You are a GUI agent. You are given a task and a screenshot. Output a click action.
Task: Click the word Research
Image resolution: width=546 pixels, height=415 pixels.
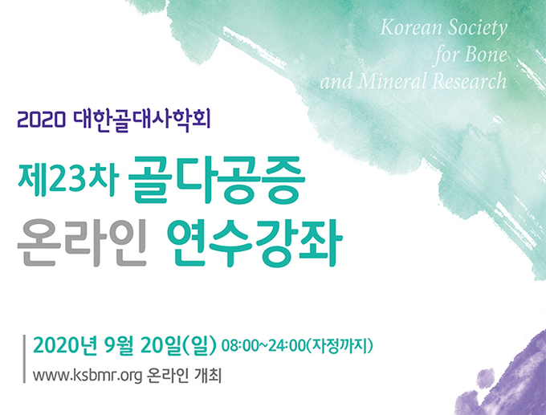(x=470, y=80)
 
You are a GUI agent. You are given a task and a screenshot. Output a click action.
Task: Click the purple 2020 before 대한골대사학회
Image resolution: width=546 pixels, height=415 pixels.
(x=42, y=120)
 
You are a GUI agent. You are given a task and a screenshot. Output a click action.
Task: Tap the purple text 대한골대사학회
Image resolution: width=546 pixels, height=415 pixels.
(x=142, y=120)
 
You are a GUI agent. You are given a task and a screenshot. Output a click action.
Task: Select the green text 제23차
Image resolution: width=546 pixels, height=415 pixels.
(x=68, y=180)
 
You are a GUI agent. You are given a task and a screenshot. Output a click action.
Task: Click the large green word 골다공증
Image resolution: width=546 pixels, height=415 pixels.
(x=217, y=180)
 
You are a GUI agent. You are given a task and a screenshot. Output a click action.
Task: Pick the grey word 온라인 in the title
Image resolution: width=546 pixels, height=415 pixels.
(x=82, y=242)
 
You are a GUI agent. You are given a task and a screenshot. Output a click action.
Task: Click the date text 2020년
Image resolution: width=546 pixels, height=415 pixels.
(x=65, y=345)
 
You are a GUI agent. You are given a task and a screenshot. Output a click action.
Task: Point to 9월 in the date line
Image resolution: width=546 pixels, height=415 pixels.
(x=119, y=345)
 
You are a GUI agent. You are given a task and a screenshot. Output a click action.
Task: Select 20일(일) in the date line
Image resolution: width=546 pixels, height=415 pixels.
(x=178, y=345)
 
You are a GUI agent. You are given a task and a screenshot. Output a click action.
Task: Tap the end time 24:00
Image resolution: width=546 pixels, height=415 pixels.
(x=287, y=346)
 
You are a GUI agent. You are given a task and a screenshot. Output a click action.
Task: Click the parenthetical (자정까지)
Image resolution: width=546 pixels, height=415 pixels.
(x=340, y=346)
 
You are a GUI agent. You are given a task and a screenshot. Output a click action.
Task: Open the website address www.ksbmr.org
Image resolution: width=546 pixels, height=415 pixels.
(x=88, y=376)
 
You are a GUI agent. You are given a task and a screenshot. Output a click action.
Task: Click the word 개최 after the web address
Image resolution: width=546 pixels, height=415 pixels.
(x=209, y=376)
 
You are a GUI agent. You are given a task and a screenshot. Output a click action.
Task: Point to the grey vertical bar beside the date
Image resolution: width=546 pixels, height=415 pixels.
(x=24, y=359)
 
